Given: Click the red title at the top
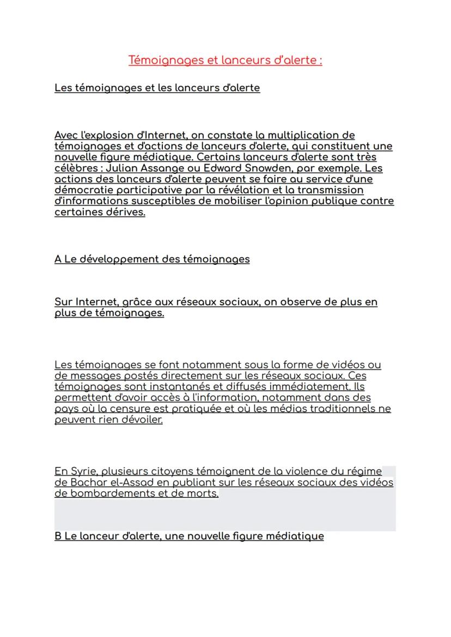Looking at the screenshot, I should pos(225,60).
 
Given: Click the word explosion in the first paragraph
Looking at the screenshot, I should pos(106,135).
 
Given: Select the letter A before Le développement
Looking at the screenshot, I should pos(58,259).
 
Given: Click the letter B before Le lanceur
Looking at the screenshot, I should pos(58,536).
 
